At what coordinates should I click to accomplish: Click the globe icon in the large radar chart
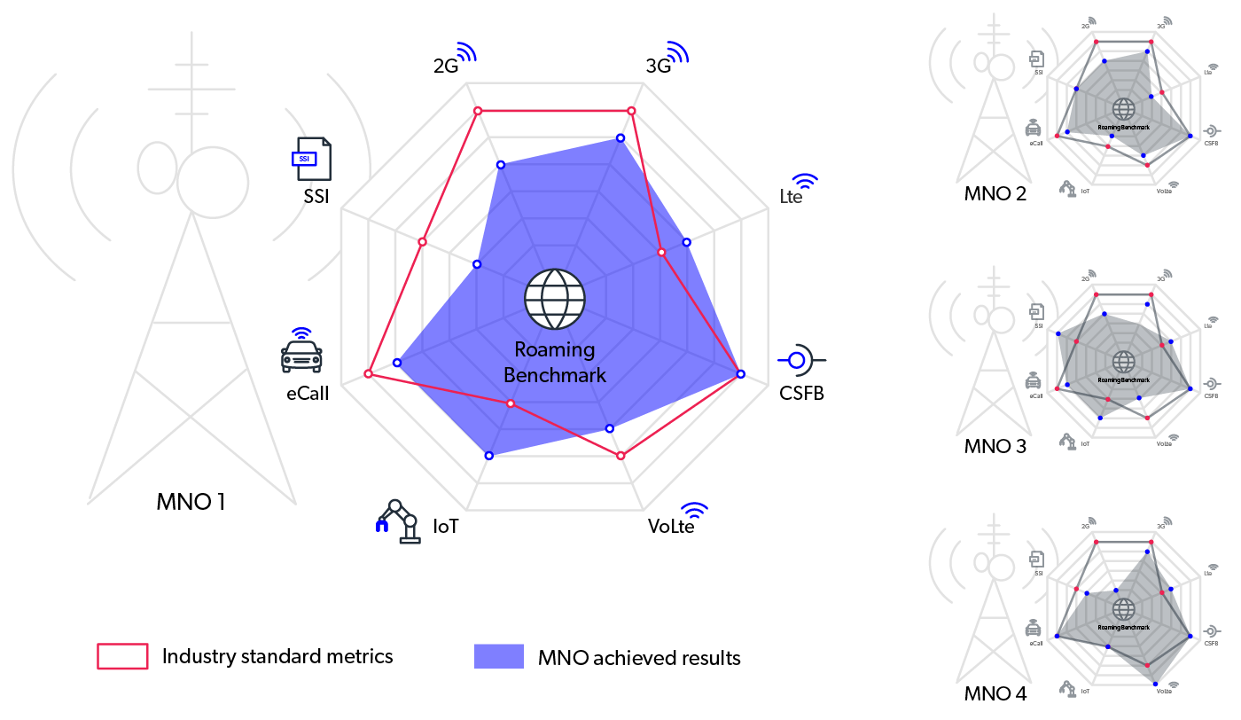pos(555,299)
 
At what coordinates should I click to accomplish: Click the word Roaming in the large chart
pos(555,349)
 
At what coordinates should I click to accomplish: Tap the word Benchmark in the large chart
pos(555,375)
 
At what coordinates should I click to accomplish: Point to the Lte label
pos(791,197)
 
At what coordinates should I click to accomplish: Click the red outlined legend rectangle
pos(122,656)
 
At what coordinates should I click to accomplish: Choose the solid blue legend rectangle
pos(499,656)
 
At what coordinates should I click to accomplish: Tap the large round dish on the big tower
pos(213,182)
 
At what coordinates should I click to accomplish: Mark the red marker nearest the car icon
pos(369,375)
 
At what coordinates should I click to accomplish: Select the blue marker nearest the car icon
pos(397,362)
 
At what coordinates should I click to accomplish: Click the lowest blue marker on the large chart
pos(489,455)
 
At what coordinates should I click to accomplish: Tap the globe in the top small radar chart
pos(1123,109)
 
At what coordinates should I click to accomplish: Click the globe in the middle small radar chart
pos(1123,362)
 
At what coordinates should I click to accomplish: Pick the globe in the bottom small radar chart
pos(1123,609)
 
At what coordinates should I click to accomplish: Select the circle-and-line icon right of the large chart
pos(797,360)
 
